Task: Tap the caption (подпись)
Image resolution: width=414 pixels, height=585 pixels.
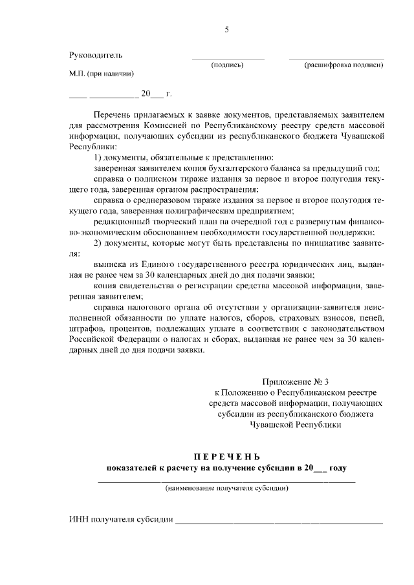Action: pyautogui.click(x=227, y=65)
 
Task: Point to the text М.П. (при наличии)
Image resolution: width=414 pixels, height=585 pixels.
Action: pyautogui.click(x=102, y=74)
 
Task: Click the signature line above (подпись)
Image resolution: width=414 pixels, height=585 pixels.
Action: pyautogui.click(x=228, y=59)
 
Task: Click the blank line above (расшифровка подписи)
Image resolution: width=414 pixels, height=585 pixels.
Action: pyautogui.click(x=336, y=59)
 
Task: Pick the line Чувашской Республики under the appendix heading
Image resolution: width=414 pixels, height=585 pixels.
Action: pyautogui.click(x=295, y=426)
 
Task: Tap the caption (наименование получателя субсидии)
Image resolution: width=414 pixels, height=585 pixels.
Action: pyautogui.click(x=226, y=488)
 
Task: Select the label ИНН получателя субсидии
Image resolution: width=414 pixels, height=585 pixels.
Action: pyautogui.click(x=121, y=519)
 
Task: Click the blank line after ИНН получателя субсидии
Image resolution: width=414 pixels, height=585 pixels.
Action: pyautogui.click(x=279, y=521)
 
